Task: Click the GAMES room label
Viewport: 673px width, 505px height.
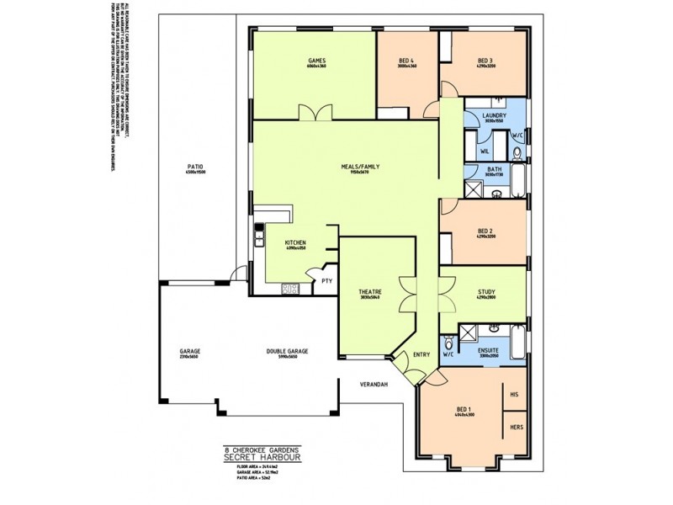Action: click(x=316, y=61)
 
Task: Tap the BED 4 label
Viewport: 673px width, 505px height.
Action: click(x=406, y=61)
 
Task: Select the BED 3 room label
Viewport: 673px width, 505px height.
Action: click(x=485, y=61)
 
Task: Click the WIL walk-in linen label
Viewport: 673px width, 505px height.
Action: click(x=485, y=151)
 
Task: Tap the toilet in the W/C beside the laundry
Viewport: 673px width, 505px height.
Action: click(x=517, y=152)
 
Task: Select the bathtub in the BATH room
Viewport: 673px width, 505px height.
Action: click(x=518, y=181)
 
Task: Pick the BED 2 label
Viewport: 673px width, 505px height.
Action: click(x=485, y=230)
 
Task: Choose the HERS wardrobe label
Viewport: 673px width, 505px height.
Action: click(x=517, y=428)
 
